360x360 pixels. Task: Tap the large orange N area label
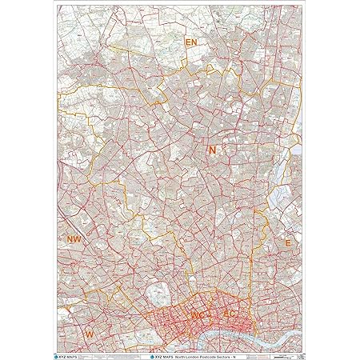(x=212, y=150)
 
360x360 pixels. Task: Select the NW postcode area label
(x=74, y=239)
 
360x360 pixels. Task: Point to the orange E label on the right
(x=288, y=242)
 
